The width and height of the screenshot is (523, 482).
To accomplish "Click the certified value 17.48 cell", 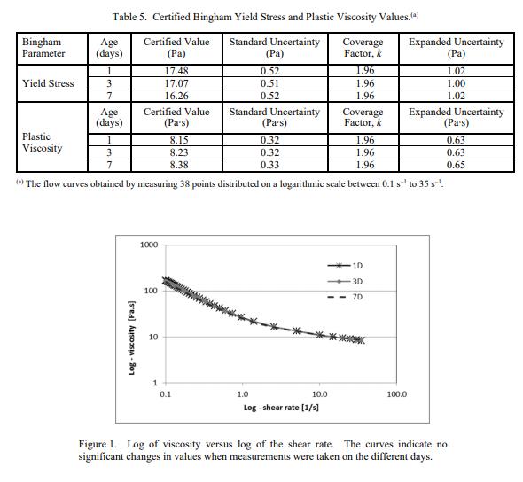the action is pyautogui.click(x=176, y=71).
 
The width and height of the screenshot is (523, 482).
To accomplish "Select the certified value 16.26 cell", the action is pyautogui.click(x=176, y=96).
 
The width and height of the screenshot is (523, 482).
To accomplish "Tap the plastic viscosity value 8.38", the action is pyautogui.click(x=179, y=165).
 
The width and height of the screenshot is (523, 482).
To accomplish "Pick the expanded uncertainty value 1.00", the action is pyautogui.click(x=456, y=83).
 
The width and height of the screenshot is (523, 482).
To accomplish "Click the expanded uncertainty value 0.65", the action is pyautogui.click(x=456, y=165).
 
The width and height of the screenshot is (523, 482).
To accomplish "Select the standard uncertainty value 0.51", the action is pyautogui.click(x=269, y=83).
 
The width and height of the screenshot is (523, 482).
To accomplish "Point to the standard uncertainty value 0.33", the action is pyautogui.click(x=269, y=165).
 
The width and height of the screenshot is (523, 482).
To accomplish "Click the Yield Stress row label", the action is pyautogui.click(x=48, y=83).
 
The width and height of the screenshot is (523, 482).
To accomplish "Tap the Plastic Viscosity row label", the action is pyautogui.click(x=43, y=143).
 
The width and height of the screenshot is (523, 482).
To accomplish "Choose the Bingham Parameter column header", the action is pyautogui.click(x=43, y=48).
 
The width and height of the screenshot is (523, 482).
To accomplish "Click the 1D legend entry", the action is pyautogui.click(x=345, y=266).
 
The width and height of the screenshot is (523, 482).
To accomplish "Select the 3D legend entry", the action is pyautogui.click(x=345, y=282).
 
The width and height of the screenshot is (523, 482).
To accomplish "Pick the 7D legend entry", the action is pyautogui.click(x=345, y=297).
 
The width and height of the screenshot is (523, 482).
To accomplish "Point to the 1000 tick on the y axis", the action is pyautogui.click(x=149, y=245).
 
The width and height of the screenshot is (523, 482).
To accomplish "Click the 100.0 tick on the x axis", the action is pyautogui.click(x=397, y=394).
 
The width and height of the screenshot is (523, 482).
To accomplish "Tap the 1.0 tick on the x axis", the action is pyautogui.click(x=243, y=394).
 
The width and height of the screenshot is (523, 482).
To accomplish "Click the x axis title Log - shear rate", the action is pyautogui.click(x=281, y=408).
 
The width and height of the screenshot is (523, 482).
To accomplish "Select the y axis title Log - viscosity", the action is pyautogui.click(x=132, y=338).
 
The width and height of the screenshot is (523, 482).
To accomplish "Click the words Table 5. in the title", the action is pyautogui.click(x=129, y=17).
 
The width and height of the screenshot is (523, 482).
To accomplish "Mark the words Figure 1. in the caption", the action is pyautogui.click(x=98, y=444).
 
